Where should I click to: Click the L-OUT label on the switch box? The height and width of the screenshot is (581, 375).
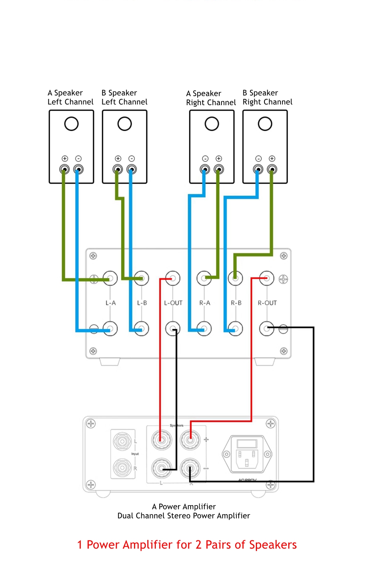(x=173, y=303)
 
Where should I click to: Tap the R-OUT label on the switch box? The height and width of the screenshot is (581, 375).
(x=267, y=303)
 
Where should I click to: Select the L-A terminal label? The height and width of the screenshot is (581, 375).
(x=111, y=303)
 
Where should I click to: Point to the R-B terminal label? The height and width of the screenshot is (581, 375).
(x=236, y=303)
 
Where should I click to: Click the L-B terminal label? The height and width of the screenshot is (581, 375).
(x=142, y=303)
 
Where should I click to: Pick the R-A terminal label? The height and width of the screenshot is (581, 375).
(x=205, y=303)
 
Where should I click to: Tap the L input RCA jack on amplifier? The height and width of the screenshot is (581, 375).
(x=122, y=441)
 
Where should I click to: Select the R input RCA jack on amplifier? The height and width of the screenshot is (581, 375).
(x=122, y=467)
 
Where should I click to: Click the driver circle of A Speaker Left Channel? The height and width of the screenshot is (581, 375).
(x=71, y=124)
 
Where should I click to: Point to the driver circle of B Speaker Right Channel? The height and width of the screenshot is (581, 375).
(x=265, y=124)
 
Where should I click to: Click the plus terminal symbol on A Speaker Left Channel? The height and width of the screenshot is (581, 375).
(x=65, y=158)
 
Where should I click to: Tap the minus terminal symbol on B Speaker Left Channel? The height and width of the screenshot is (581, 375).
(x=132, y=158)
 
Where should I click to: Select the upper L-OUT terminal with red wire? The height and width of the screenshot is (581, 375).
(x=173, y=278)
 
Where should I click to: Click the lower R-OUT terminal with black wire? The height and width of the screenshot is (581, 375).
(x=267, y=328)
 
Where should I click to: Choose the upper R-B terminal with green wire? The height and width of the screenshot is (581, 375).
(x=236, y=278)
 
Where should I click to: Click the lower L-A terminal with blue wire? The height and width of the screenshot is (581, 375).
(x=110, y=328)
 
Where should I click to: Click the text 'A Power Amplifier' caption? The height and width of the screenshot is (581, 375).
(x=184, y=507)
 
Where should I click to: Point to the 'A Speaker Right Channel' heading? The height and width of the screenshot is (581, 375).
(x=211, y=98)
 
